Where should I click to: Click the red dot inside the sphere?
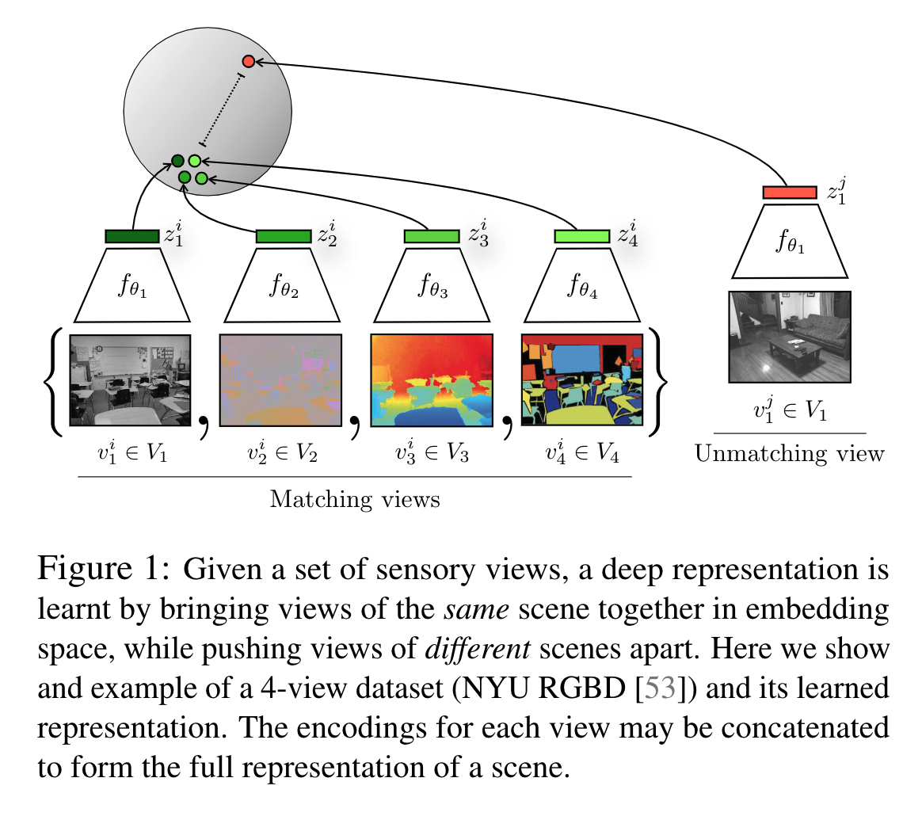248,61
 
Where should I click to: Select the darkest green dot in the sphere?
178,161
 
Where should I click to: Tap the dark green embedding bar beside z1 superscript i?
132,236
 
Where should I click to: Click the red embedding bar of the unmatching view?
789,193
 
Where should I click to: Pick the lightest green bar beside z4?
581,236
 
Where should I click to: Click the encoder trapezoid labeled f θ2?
283,283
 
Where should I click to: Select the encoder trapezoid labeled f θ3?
432,283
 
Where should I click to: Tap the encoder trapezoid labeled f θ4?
581,283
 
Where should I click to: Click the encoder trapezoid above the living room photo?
789,239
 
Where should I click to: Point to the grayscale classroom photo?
131,380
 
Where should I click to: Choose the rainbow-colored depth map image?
432,380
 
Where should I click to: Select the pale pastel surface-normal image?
281,380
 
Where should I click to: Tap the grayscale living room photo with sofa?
790,337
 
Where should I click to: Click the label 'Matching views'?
355,500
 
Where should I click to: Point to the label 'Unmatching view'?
789,453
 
